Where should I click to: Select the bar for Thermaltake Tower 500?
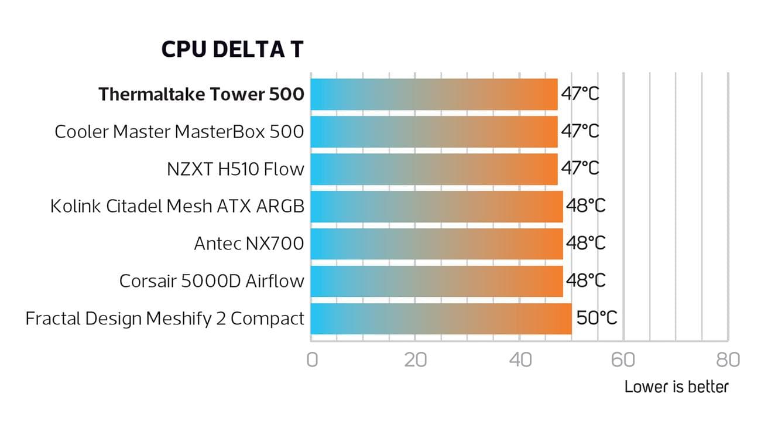[x=434, y=94]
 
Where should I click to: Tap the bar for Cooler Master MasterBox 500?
[x=434, y=132]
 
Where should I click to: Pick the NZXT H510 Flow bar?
[x=434, y=169]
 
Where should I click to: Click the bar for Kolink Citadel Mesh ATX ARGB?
[x=436, y=207]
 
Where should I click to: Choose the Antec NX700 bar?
[x=436, y=244]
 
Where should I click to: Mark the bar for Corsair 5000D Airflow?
[x=436, y=282]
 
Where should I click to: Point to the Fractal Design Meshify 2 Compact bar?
[x=440, y=319]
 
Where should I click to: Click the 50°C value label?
[x=597, y=319]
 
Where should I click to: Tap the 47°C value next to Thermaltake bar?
[x=580, y=94]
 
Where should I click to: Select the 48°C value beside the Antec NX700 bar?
[x=585, y=244]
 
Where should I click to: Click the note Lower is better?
[x=676, y=387]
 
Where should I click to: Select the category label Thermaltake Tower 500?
[x=201, y=94]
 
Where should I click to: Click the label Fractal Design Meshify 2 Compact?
[x=165, y=319]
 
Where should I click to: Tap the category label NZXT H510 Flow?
[x=235, y=169]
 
